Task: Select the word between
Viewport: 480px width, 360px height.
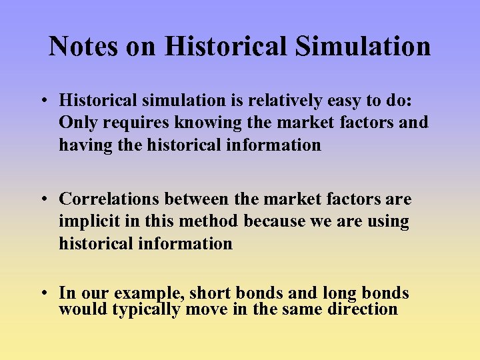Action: pos(200,199)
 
